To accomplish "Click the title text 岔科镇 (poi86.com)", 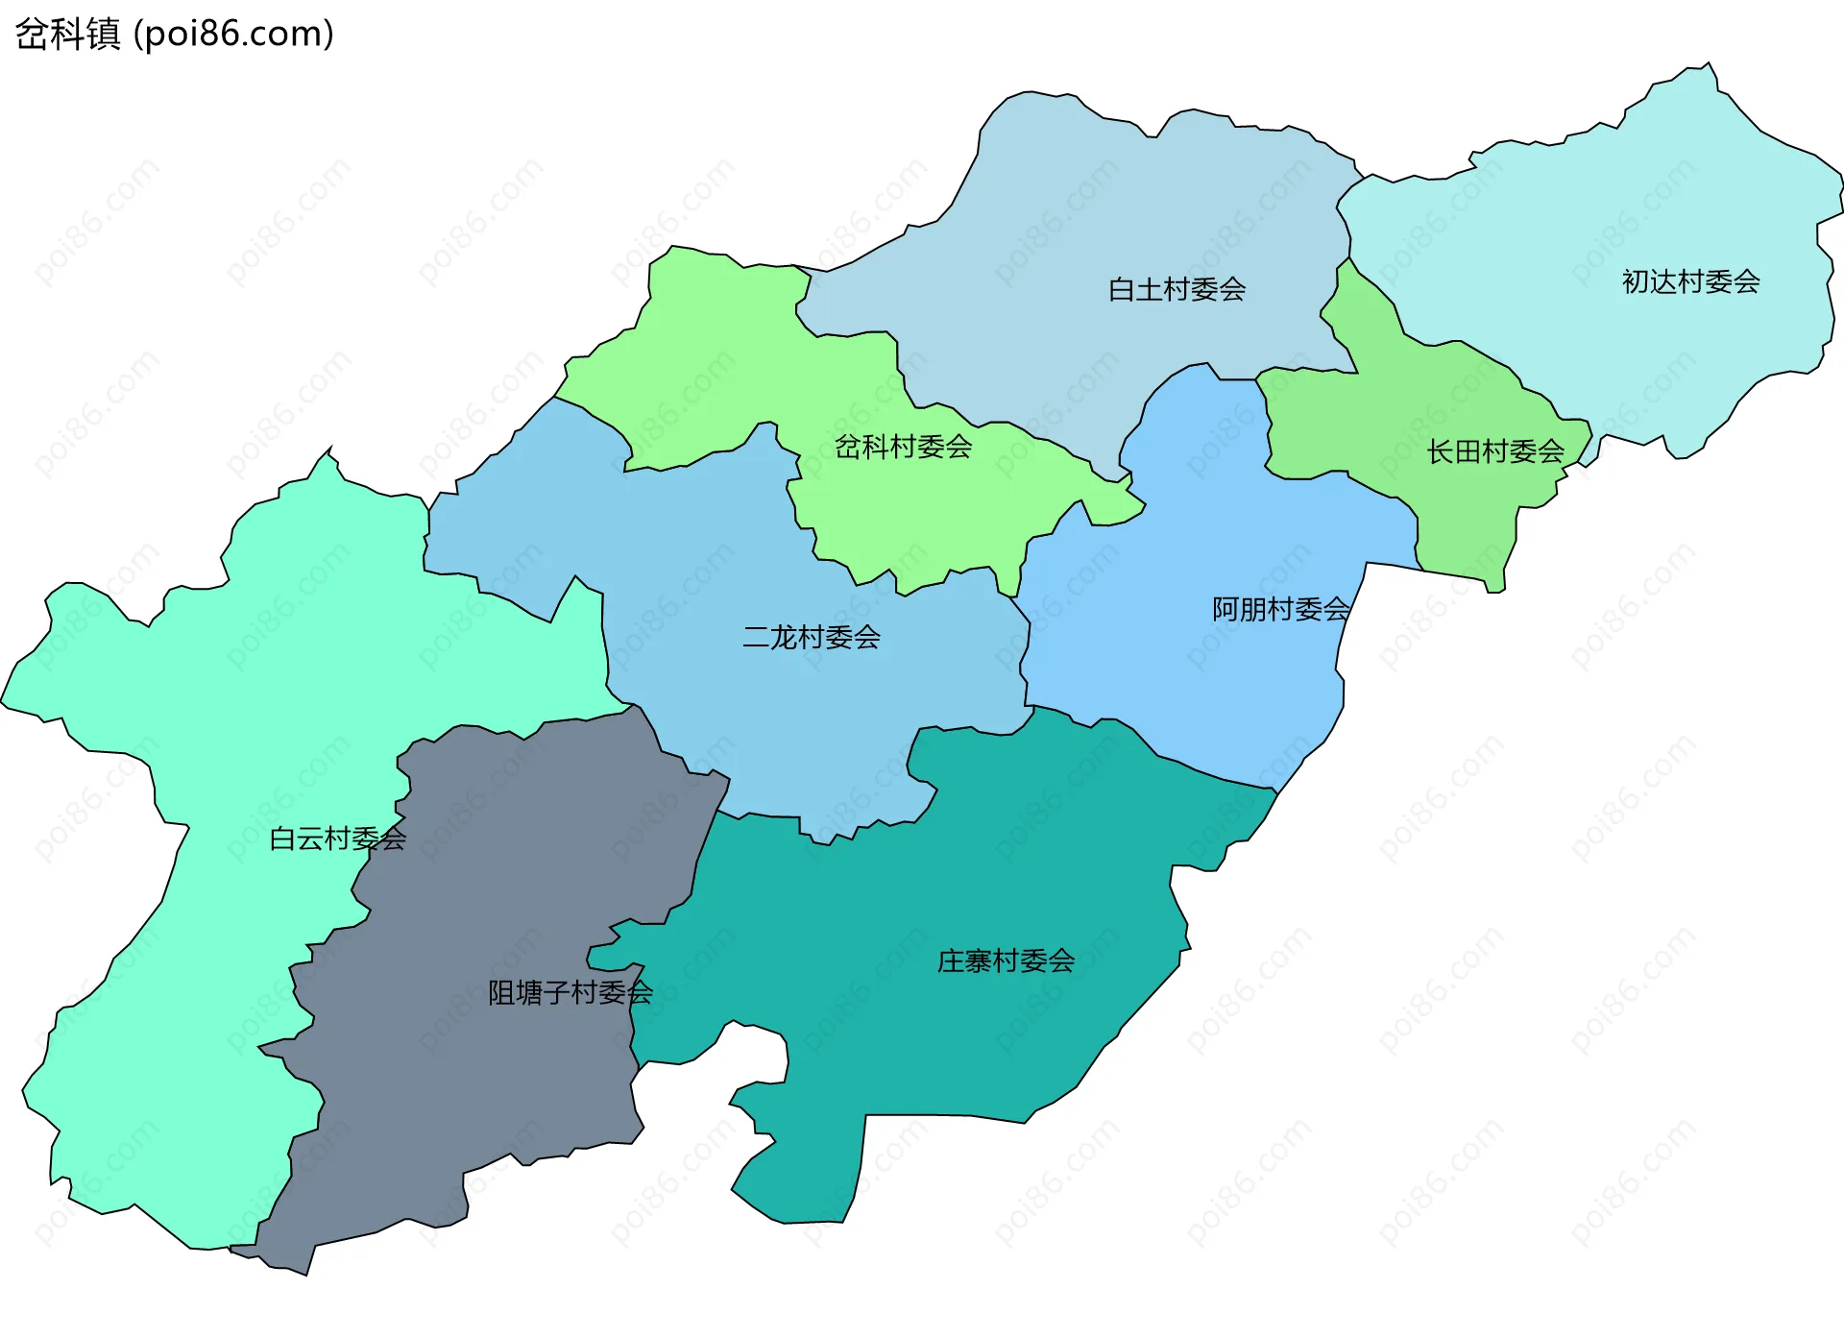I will pos(175,34).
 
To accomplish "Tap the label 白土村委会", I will pos(1177,289).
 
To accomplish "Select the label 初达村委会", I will pos(1690,281).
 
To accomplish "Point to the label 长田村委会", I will pos(1494,451).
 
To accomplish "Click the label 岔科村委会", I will pos(903,447).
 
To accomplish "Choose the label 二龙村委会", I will pos(812,637).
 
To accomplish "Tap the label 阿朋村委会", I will pos(1280,609).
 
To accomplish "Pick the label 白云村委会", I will pos(337,839).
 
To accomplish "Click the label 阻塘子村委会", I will pos(570,992).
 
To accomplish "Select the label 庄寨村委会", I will pos(1006,961).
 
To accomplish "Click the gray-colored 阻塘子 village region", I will pos(499,1085).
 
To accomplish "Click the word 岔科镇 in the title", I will pos(68,34).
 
